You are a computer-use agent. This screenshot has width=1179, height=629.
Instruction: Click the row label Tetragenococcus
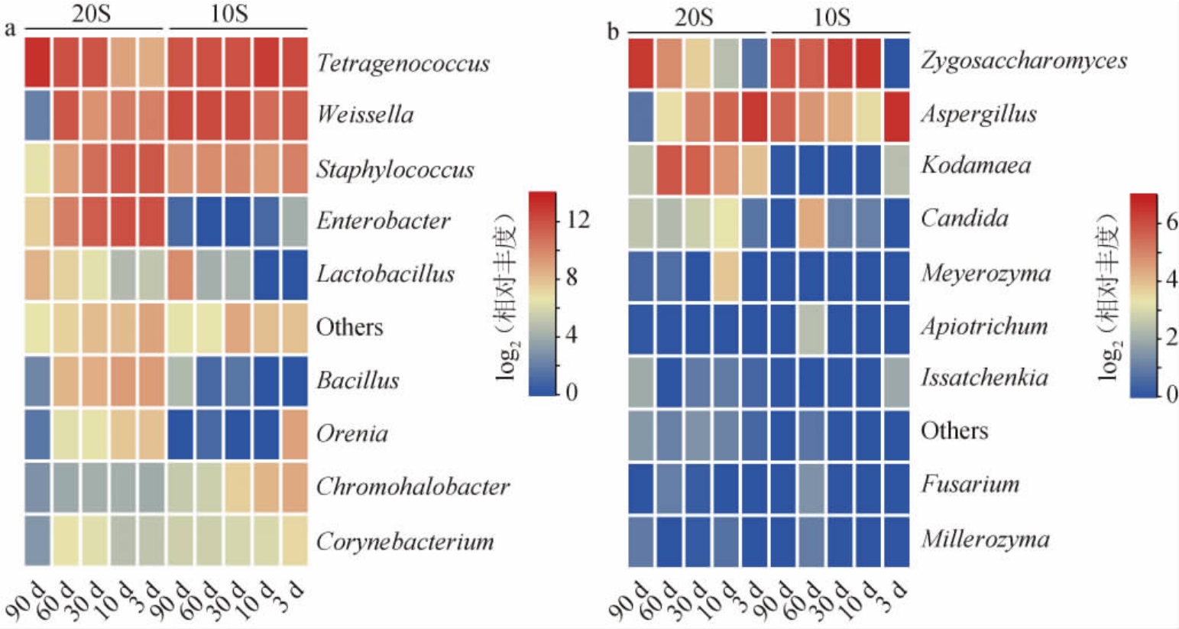(403, 63)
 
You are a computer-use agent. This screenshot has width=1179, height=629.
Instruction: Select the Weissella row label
(365, 115)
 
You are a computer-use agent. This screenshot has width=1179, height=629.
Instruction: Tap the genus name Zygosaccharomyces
(1023, 60)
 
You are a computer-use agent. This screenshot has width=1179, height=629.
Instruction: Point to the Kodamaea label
(975, 165)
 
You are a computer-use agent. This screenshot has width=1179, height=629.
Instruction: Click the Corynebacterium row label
(405, 541)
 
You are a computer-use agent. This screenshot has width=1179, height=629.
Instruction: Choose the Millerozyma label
(985, 539)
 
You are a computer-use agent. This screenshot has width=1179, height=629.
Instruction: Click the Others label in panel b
(954, 430)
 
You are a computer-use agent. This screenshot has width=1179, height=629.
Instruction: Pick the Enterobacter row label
(384, 221)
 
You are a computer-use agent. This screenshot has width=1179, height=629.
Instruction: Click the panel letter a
(10, 30)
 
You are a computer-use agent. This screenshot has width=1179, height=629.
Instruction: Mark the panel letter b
(613, 32)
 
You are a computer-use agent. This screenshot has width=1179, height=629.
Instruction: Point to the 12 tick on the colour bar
(578, 220)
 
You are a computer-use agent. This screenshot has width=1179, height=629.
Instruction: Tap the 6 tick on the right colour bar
(1171, 222)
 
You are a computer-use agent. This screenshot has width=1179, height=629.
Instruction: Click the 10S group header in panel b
(831, 16)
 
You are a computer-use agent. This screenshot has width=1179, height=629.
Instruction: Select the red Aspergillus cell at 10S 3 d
(896, 115)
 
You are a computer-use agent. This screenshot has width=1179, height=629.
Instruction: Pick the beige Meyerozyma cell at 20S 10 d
(726, 274)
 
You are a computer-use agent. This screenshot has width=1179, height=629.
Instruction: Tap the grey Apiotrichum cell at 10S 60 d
(811, 328)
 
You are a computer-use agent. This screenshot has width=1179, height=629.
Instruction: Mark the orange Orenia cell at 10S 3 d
(294, 434)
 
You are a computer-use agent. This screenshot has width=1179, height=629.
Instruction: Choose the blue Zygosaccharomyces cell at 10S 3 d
(896, 63)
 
